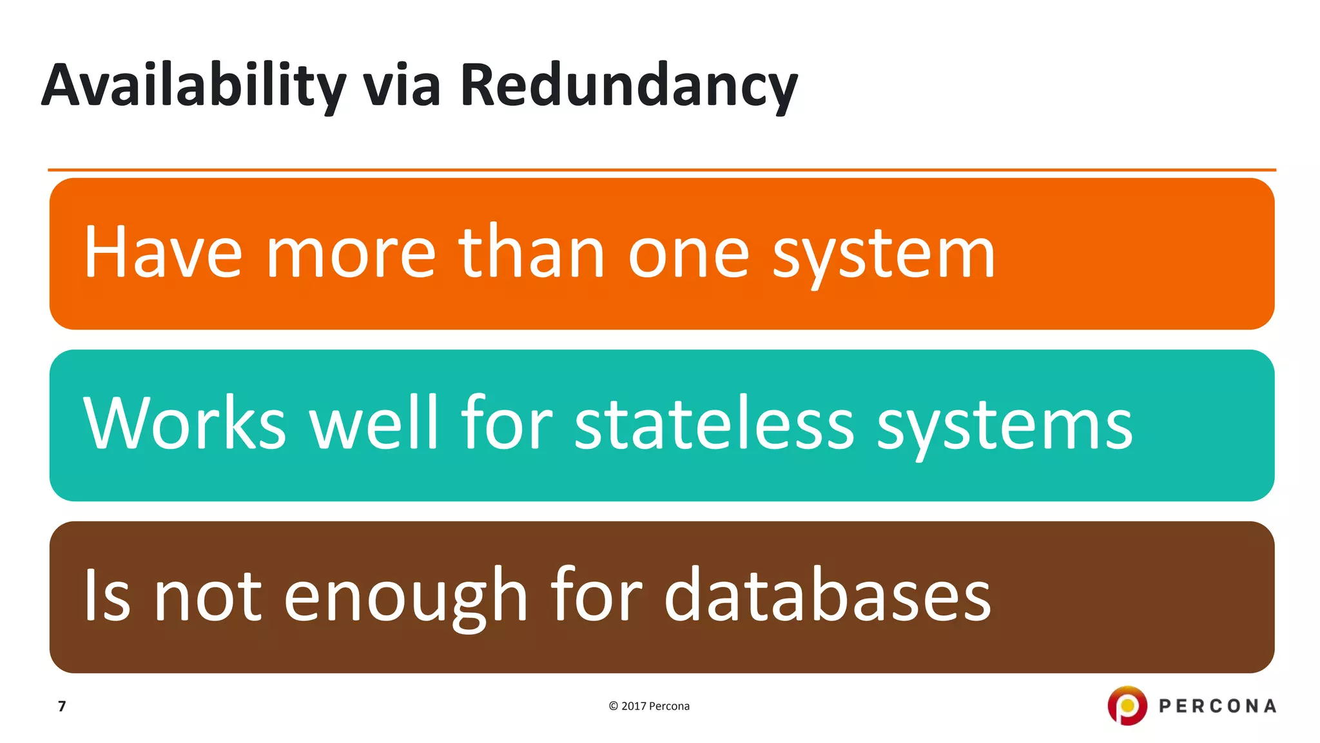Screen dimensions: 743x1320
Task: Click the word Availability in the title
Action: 193,86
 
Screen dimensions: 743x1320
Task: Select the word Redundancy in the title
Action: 628,86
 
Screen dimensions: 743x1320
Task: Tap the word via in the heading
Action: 402,86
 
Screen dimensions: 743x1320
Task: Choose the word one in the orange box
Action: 688,254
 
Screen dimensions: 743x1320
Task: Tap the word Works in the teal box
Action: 184,424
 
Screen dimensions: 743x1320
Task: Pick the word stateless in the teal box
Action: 714,424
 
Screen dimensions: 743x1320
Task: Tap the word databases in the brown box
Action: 828,595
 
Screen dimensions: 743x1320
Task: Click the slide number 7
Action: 62,706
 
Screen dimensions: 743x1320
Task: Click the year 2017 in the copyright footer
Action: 634,706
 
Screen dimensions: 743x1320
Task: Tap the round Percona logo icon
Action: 1127,706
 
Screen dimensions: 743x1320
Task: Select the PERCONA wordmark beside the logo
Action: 1218,706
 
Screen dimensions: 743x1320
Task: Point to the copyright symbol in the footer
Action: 613,706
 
